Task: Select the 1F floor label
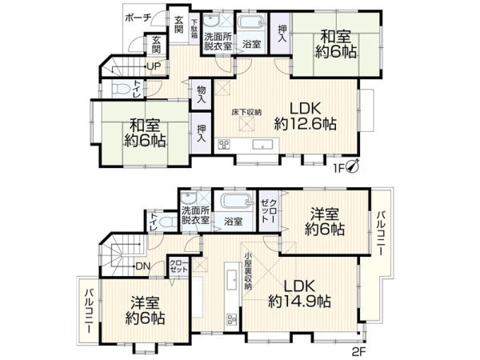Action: click(x=340, y=167)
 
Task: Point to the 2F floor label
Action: click(x=358, y=351)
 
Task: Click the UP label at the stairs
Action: click(x=154, y=66)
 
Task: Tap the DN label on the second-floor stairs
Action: click(x=142, y=266)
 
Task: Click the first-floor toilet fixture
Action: click(x=119, y=89)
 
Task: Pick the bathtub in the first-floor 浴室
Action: click(x=251, y=22)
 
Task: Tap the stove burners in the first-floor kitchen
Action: click(x=224, y=145)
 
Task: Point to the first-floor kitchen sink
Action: click(x=263, y=145)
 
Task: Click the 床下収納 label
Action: click(x=246, y=112)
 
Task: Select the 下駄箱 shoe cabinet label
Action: click(x=194, y=29)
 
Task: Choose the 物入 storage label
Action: click(x=201, y=94)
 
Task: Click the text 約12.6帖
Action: click(x=306, y=124)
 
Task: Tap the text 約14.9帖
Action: click(x=299, y=302)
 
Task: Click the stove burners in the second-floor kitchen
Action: click(x=232, y=319)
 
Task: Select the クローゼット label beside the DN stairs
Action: click(x=179, y=266)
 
